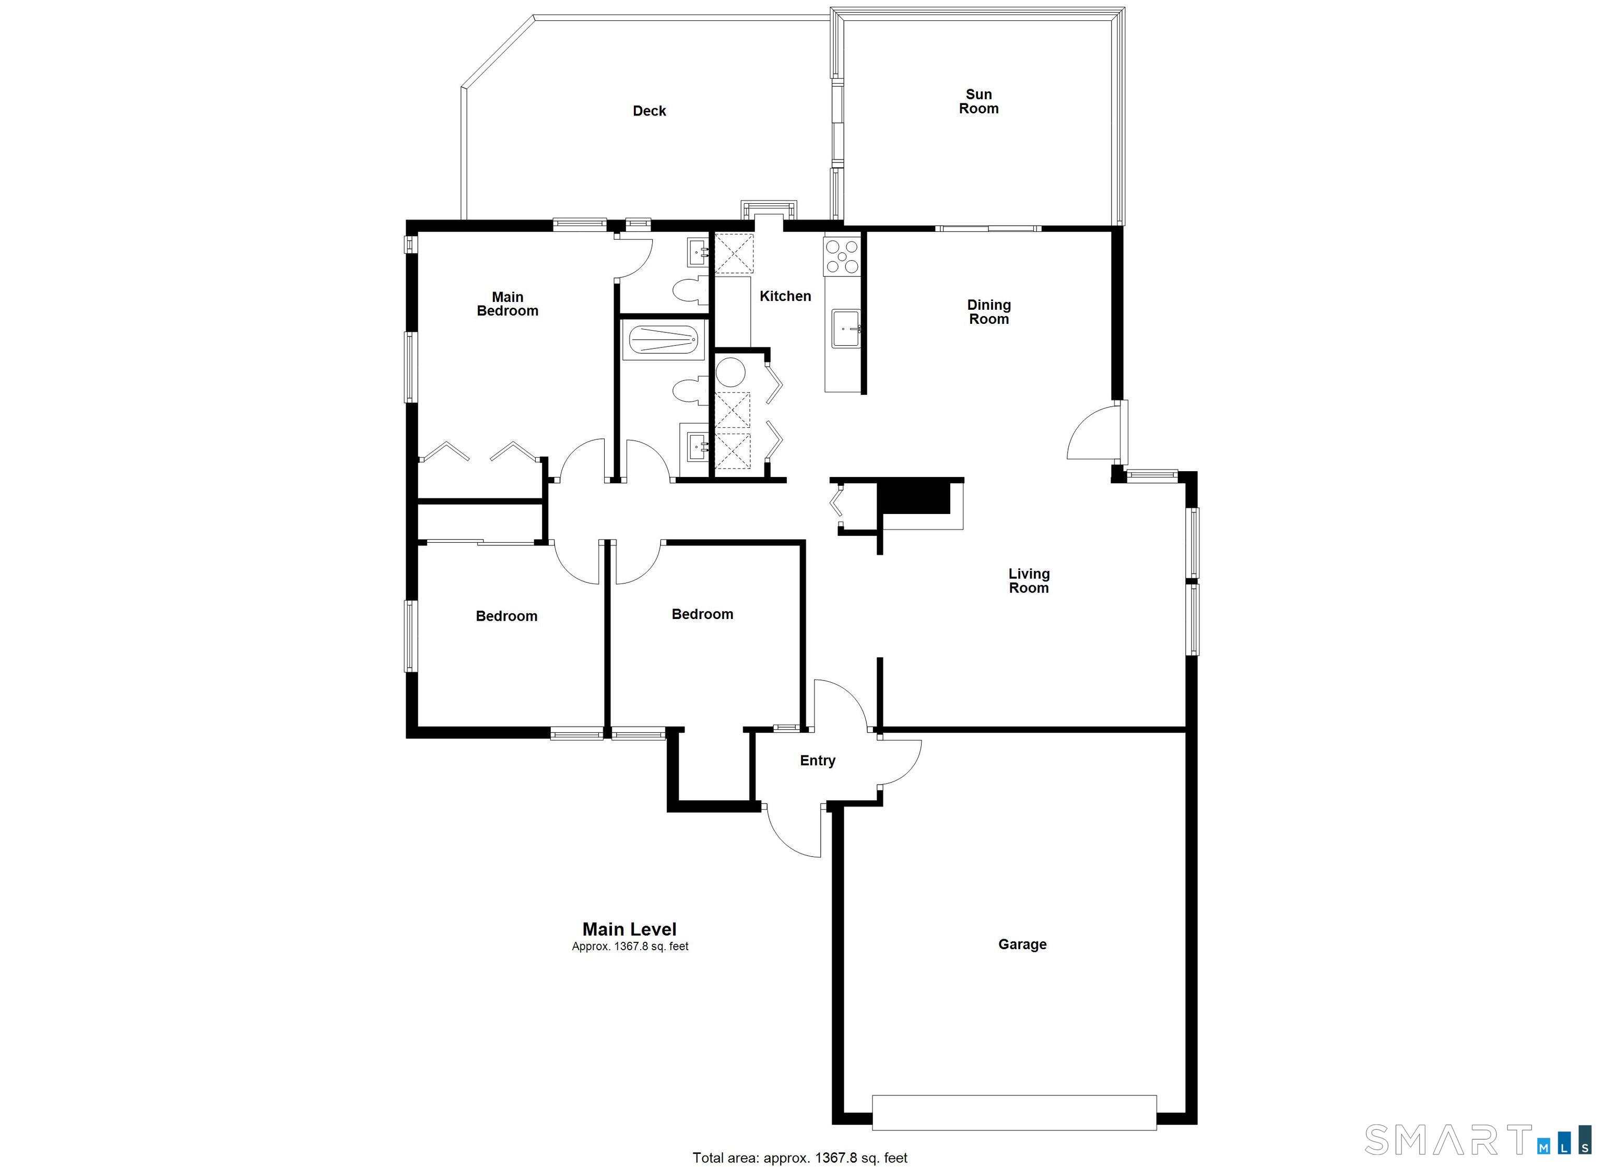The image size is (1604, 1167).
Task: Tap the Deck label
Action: pyautogui.click(x=648, y=111)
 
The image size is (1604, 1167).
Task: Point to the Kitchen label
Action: pyautogui.click(x=784, y=296)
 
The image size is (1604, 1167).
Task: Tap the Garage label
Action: pyautogui.click(x=1021, y=944)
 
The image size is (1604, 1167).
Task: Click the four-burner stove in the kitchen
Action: pyautogui.click(x=841, y=256)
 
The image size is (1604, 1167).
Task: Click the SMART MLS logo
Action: pyautogui.click(x=1478, y=1139)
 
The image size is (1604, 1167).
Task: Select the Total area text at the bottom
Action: pyautogui.click(x=799, y=1158)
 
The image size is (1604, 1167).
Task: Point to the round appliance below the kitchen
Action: pyautogui.click(x=730, y=371)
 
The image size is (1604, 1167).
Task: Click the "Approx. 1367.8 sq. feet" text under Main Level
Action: pyautogui.click(x=630, y=946)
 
